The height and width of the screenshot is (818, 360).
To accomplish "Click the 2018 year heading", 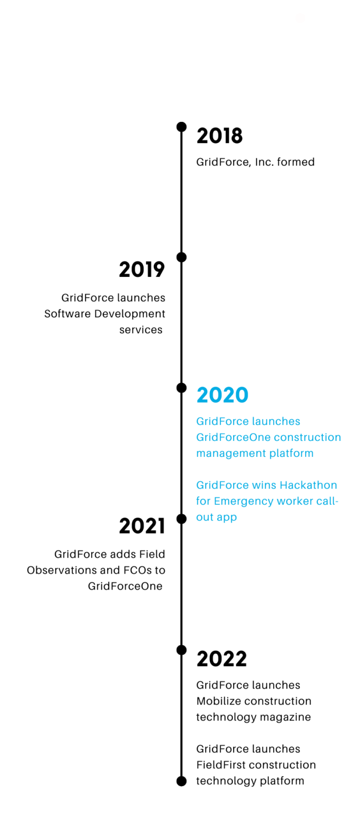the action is pos(219,136).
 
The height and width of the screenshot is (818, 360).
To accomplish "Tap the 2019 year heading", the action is pos(142,269).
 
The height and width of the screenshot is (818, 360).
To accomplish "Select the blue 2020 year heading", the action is pos(223,395).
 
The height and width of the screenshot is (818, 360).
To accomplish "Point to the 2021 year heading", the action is pos(142,526).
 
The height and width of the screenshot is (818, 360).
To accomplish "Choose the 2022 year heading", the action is pos(222,659).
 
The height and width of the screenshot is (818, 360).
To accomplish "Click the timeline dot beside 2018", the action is pos(182,127).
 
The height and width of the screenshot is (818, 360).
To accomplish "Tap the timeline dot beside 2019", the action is pos(182,257).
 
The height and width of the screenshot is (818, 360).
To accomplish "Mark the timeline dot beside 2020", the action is pos(182,388).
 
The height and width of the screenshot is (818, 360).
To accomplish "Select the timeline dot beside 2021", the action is pos(182,519).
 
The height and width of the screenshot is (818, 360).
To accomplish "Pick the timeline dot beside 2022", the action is pos(182,650).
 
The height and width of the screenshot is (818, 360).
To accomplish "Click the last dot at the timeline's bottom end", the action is pos(182,781).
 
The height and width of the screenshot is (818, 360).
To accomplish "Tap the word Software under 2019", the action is pos(68,314).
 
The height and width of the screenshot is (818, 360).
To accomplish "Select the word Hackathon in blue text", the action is pos(308,485).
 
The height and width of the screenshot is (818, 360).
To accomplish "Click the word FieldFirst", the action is pos(221,765).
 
